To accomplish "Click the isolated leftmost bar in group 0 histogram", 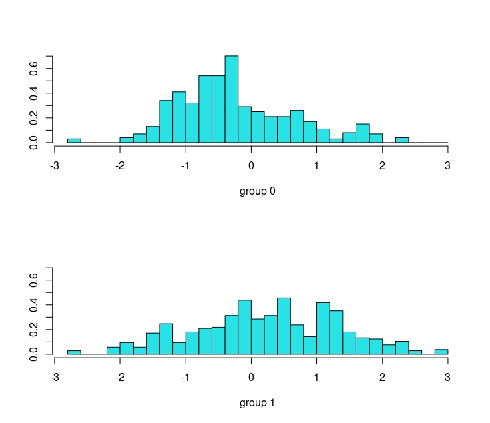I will pyautogui.click(x=74, y=141).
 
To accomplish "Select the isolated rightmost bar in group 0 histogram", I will pyautogui.click(x=402, y=140).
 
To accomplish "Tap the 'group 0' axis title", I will pyautogui.click(x=258, y=191).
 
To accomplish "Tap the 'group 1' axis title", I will pyautogui.click(x=258, y=403).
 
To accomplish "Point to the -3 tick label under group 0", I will pyautogui.click(x=55, y=166).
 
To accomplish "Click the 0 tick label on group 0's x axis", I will pyautogui.click(x=251, y=166).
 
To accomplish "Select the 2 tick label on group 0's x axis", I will pyautogui.click(x=382, y=166).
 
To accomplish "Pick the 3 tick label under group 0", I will pyautogui.click(x=447, y=166).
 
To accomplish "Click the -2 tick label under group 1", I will pyautogui.click(x=120, y=378).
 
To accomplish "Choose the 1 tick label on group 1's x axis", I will pyautogui.click(x=316, y=378).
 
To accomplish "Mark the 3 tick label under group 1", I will pyautogui.click(x=447, y=378).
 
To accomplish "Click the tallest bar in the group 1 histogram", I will pyautogui.click(x=284, y=326).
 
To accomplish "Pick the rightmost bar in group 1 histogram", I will pyautogui.click(x=441, y=352).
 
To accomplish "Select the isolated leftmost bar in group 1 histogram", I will pyautogui.click(x=74, y=352).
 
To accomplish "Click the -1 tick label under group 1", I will pyautogui.click(x=186, y=378).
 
